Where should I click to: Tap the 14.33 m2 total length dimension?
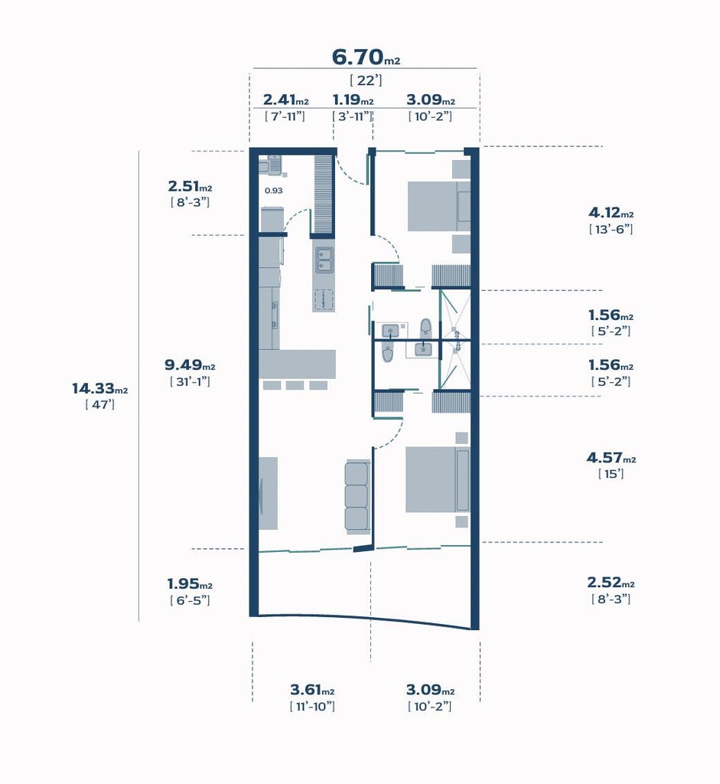tap(100, 388)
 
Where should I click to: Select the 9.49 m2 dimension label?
tap(190, 365)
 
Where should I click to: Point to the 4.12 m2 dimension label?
tap(611, 213)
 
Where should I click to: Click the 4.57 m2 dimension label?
tap(611, 458)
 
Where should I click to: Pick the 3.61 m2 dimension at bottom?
tap(312, 690)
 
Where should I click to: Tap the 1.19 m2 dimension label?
tap(353, 100)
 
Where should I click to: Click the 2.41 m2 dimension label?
tap(286, 100)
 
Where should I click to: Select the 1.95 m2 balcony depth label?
tap(190, 583)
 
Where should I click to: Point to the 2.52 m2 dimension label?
tap(611, 583)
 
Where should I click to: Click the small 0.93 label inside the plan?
tap(273, 191)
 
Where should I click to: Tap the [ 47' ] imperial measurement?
tap(100, 404)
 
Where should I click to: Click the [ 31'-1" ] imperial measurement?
tap(190, 381)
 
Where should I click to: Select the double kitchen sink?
tap(324, 260)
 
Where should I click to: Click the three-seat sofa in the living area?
tap(357, 496)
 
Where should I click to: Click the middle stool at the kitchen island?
tap(295, 385)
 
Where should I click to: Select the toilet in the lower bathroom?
tap(388, 354)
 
